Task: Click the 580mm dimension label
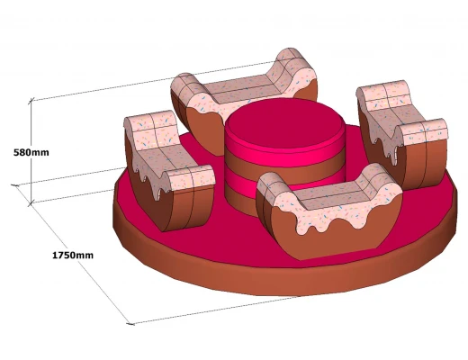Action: coord(31,152)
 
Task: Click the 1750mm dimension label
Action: coord(73,256)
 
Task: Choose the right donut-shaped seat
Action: coord(403,132)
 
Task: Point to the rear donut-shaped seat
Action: coord(244,99)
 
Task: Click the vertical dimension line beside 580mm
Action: coord(31,152)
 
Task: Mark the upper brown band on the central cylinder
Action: coord(285,165)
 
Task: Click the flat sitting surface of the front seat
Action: coord(330,192)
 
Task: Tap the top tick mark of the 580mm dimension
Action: coord(31,100)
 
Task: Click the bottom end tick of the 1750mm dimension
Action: coord(130,324)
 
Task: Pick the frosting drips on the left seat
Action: coord(151,180)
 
